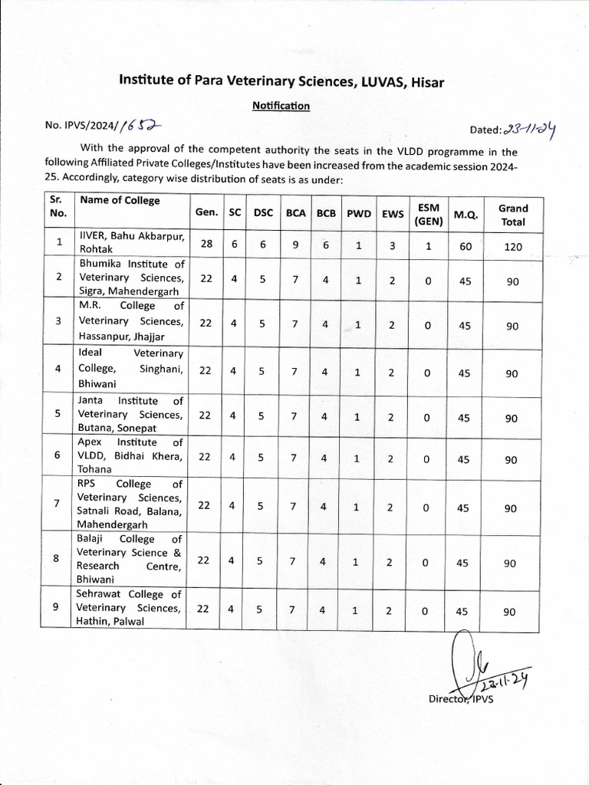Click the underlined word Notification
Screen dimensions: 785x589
[281, 106]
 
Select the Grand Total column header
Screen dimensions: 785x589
[513, 215]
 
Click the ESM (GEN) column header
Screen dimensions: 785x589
[428, 214]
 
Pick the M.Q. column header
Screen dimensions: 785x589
[466, 215]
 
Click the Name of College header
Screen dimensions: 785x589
[120, 200]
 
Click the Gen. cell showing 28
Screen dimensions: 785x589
[206, 244]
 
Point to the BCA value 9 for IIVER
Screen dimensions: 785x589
[294, 245]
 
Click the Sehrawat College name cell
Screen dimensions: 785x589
[130, 608]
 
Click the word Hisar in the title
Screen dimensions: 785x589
[426, 80]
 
